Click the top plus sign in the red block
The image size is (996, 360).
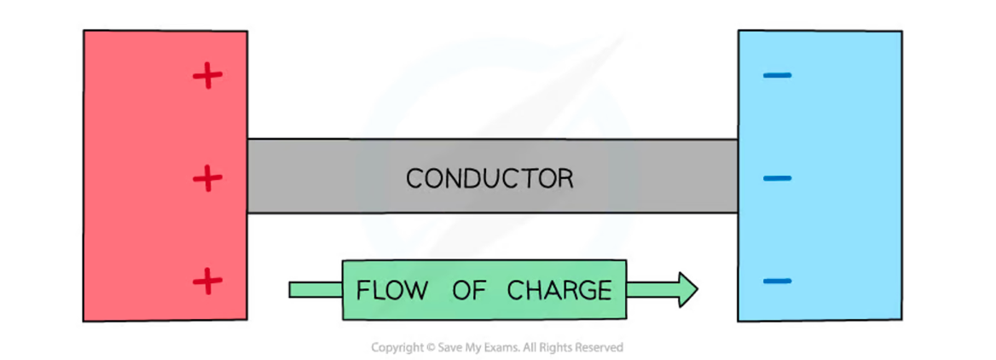click(207, 76)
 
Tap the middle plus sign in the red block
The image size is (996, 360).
click(207, 178)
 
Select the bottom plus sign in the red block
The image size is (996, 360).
click(207, 281)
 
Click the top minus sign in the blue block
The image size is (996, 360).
click(777, 76)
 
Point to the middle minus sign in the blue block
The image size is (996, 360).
click(777, 178)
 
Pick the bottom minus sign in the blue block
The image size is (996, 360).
click(777, 281)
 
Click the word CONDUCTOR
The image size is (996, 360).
click(489, 178)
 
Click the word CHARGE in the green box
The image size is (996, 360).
click(559, 290)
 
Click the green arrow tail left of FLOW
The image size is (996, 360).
click(316, 290)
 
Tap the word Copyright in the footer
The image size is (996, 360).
click(397, 348)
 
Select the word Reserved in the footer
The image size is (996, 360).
click(599, 348)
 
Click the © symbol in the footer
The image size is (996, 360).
click(430, 348)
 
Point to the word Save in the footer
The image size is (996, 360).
click(449, 348)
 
